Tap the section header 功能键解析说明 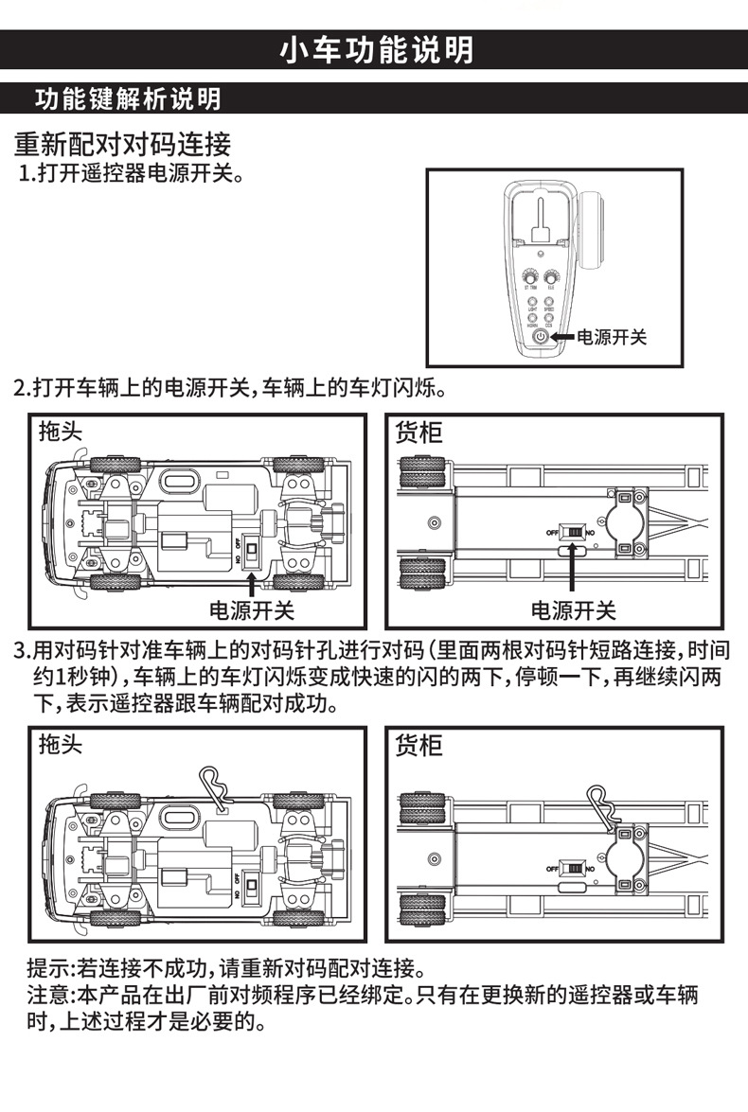click(x=127, y=98)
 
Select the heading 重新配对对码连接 click(x=122, y=145)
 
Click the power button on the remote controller click(x=540, y=337)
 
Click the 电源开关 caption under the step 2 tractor click(x=252, y=610)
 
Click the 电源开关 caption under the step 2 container click(x=573, y=610)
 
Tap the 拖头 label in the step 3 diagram click(x=61, y=745)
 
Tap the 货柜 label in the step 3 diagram click(x=418, y=745)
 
